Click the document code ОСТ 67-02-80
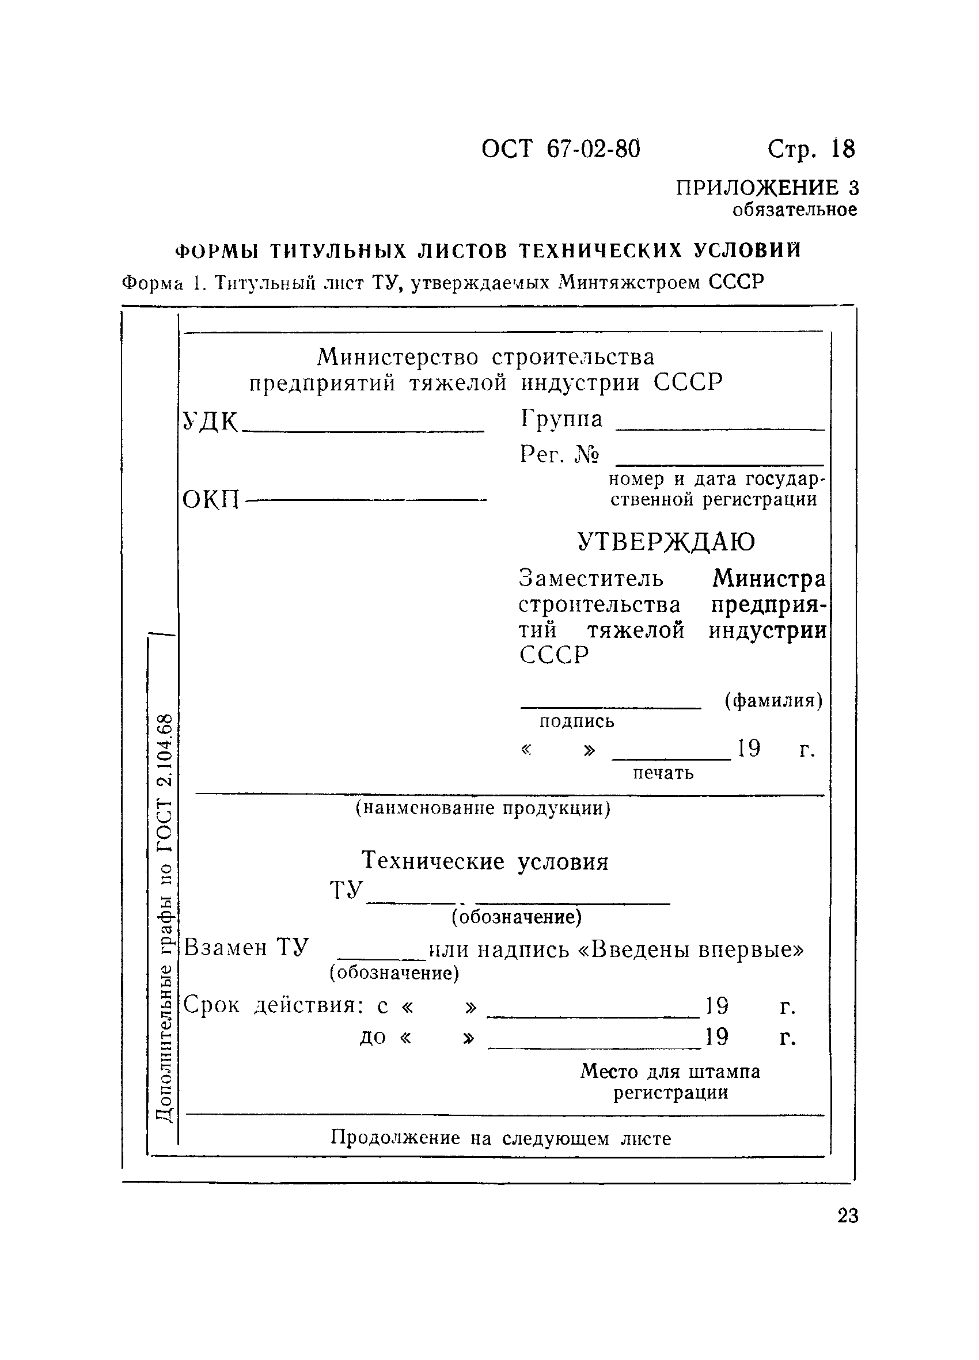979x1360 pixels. click(560, 149)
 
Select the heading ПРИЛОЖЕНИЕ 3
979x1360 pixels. click(766, 188)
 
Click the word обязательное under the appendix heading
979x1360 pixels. click(794, 210)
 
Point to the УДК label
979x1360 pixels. click(210, 421)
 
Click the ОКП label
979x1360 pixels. click(211, 499)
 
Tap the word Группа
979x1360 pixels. click(561, 419)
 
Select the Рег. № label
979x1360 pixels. click(559, 454)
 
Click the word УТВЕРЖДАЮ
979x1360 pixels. click(666, 541)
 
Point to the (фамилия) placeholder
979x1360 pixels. click(773, 700)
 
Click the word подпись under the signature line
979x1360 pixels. click(576, 721)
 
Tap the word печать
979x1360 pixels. click(663, 773)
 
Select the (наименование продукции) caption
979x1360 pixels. click(483, 809)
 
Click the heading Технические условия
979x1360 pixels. click(485, 862)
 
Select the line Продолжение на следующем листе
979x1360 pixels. click(500, 1138)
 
